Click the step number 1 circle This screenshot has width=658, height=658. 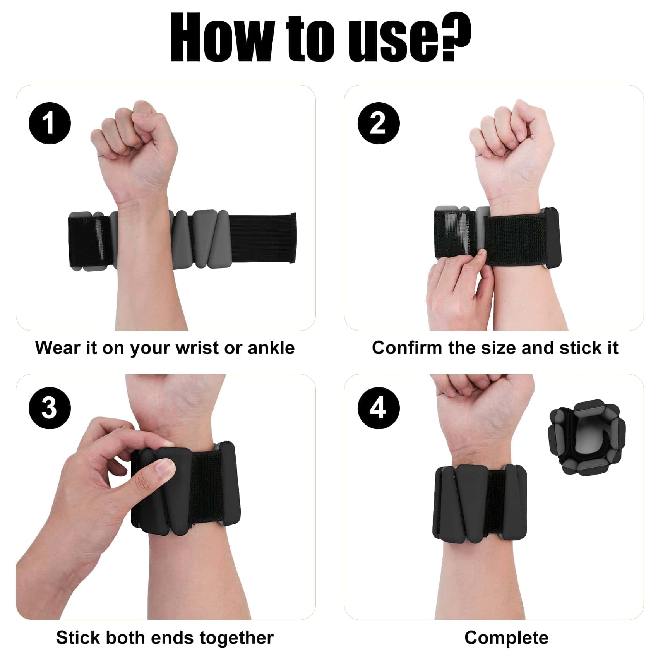point(50,123)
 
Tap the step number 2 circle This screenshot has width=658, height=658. point(378,123)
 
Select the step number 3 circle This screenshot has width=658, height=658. point(50,408)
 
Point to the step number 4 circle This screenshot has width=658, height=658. point(378,408)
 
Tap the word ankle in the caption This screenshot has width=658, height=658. point(271,348)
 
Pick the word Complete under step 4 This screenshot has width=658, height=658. point(506,637)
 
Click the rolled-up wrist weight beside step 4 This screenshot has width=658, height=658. point(587,438)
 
